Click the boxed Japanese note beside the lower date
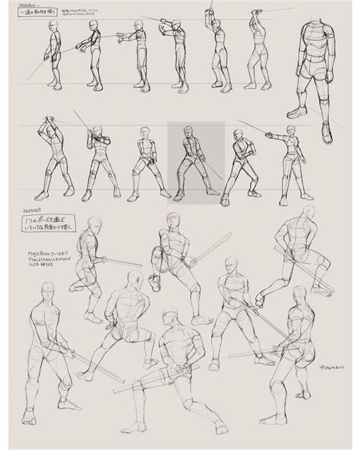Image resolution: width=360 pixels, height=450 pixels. pos(54,223)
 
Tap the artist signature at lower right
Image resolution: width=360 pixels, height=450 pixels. pos(321,366)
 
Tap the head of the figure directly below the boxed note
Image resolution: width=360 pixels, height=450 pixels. pos(94,223)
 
